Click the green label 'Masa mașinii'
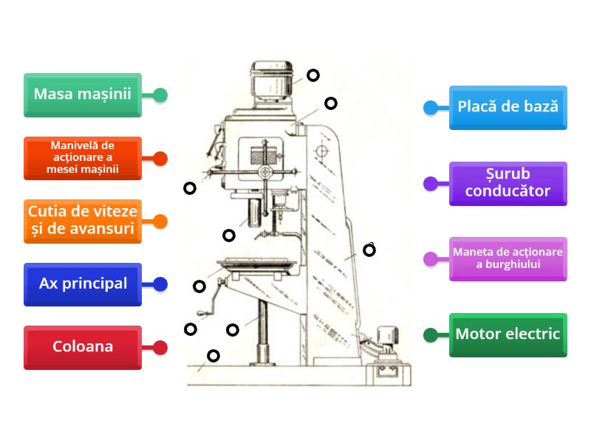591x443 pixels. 82,95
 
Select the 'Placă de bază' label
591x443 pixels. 508,107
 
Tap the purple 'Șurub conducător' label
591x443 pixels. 508,183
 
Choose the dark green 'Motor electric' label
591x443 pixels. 508,334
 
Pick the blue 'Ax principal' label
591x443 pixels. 82,284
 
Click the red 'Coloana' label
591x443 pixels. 82,347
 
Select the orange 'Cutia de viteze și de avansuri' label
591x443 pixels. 82,221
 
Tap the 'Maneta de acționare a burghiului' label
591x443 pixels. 508,258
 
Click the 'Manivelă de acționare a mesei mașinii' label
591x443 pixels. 82,158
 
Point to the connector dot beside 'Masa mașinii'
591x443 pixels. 160,95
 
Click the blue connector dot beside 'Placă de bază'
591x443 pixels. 430,108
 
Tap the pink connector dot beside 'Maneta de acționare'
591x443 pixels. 430,259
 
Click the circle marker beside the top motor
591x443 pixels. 313,75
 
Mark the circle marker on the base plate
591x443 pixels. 213,356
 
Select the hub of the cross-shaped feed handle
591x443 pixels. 263,172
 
